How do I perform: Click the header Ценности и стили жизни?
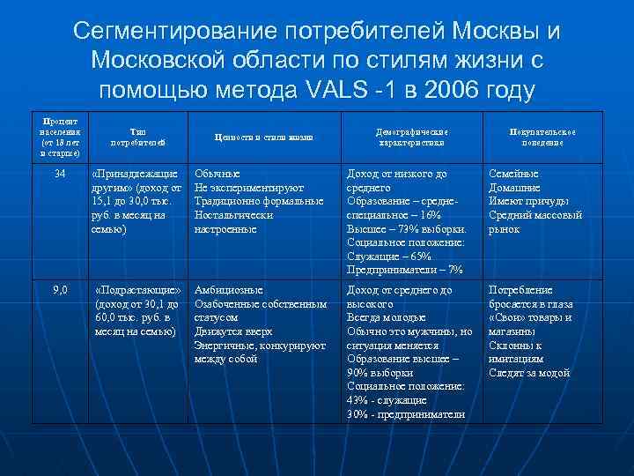pos(264,137)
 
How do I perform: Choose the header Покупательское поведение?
pos(542,136)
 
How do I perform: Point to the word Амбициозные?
pos(228,289)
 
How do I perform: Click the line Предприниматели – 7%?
pos(405,270)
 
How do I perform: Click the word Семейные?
pos(514,174)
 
